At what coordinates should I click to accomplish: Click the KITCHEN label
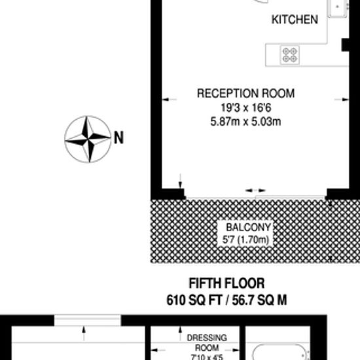point(295,19)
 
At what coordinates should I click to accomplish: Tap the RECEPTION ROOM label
point(245,93)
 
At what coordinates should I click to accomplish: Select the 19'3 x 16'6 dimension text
point(246,107)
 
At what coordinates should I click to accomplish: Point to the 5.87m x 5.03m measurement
point(245,121)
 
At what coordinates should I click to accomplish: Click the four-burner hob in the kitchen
point(289,55)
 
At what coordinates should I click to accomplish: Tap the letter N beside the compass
point(118,137)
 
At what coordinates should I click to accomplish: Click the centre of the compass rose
point(88,139)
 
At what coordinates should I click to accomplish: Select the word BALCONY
point(249,227)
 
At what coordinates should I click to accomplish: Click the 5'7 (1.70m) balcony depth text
point(245,240)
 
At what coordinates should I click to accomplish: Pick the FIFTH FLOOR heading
point(226,283)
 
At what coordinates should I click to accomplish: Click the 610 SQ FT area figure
point(194,300)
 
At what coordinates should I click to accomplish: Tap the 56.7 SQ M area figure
point(259,300)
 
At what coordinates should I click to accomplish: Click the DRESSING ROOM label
point(207,342)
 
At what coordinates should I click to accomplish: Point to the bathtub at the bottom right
point(279,352)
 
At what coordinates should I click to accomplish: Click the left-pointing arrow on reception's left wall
point(170,99)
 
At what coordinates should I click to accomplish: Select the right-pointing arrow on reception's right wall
point(342,99)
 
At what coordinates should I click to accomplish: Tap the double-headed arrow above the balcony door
point(255,190)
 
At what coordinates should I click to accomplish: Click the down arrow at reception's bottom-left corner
point(180,181)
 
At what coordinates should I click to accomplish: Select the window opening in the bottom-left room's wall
point(88,320)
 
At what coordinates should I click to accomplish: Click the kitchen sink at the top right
point(337,9)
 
